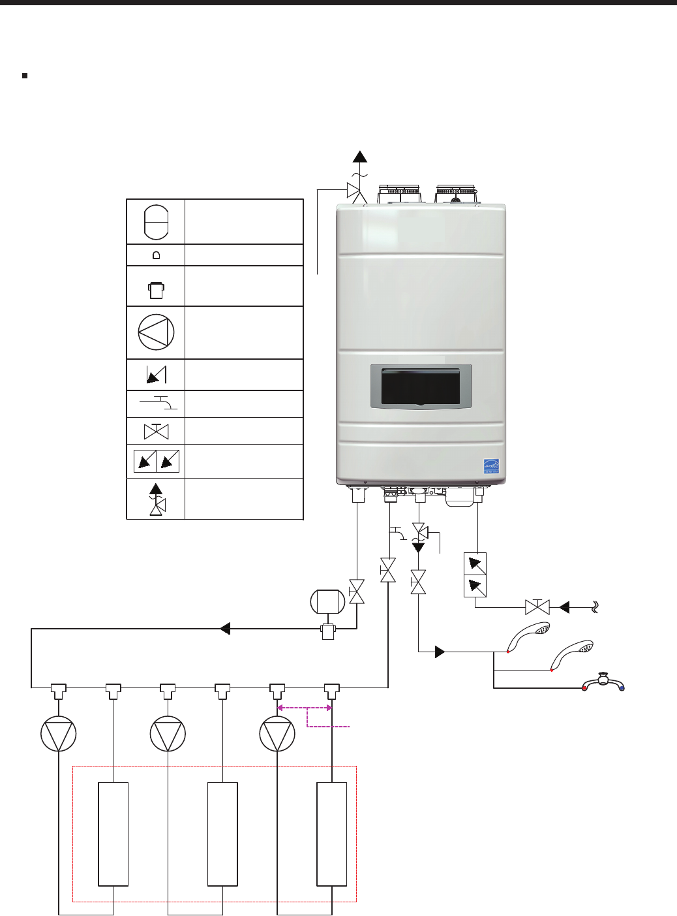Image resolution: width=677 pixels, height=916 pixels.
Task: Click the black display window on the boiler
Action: [421, 386]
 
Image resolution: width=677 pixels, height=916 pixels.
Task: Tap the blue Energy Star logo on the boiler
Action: [491, 466]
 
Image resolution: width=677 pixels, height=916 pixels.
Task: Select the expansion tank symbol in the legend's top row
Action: [156, 222]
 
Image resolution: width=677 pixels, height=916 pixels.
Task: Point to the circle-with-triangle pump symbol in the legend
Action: [156, 332]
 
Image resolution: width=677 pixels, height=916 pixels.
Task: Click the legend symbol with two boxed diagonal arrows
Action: [157, 462]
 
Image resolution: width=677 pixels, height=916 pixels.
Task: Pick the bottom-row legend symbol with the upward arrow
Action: [157, 499]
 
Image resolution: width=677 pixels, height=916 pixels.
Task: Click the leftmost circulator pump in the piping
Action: [59, 734]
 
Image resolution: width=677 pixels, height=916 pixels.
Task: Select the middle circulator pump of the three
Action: [168, 734]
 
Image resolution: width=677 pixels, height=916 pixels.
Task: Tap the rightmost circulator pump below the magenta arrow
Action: [277, 734]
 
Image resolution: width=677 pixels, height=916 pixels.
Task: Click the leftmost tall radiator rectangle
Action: [113, 834]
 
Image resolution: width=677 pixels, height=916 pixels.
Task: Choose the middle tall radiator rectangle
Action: [222, 834]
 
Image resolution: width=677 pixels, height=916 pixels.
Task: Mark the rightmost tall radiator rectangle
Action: [331, 834]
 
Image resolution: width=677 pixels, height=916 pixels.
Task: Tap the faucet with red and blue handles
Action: [604, 682]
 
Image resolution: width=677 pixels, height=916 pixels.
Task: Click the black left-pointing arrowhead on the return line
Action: [225, 629]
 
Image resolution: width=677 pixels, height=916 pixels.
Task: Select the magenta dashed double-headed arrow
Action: [305, 708]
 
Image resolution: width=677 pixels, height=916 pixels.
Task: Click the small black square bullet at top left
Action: [25, 76]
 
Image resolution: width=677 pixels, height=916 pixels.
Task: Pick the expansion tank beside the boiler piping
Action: [327, 601]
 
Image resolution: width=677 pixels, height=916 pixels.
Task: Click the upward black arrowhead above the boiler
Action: [359, 156]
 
